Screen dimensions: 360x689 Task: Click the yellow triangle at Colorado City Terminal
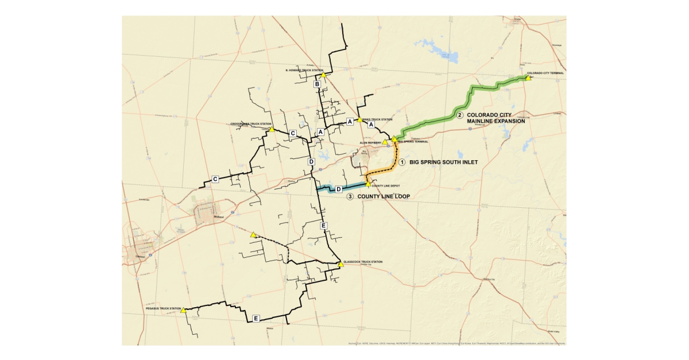pos(528,78)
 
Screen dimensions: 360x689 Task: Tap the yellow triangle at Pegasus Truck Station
pos(184,310)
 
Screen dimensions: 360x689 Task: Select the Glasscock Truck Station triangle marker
pos(340,265)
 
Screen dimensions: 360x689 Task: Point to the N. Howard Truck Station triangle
pos(323,75)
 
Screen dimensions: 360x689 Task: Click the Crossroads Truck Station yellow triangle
pos(272,129)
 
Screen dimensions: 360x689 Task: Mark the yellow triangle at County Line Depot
pos(368,184)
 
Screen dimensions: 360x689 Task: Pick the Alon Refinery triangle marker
pos(385,141)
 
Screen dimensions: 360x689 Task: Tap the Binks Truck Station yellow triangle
pos(360,119)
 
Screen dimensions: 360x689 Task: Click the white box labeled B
pos(317,84)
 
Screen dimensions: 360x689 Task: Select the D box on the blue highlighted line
pos(339,189)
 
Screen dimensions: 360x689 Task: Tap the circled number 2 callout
pos(459,115)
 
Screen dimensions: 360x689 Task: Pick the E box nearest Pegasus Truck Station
pos(256,318)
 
